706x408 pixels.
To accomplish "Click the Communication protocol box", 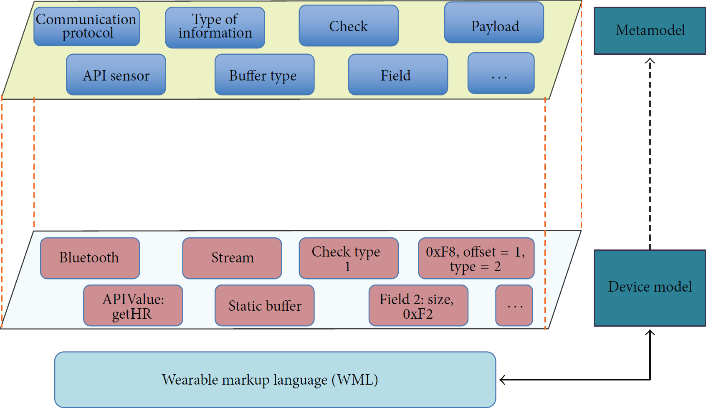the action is pos(87,26).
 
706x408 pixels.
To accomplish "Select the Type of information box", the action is pos(215,28).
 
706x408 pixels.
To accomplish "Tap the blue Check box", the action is pos(349,25).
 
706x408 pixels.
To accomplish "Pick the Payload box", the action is pos(494,23).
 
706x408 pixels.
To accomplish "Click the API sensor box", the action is pos(116,75).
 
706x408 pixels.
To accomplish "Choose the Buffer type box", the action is pos(264,75).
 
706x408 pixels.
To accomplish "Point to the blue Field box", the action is pos(398,75).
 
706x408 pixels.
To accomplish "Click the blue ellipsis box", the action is pos(501,73).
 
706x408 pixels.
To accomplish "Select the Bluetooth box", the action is pos(90,258).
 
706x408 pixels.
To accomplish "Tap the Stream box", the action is pos(232,258).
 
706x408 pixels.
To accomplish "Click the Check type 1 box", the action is pos(349,258).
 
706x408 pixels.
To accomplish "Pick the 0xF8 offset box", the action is pos(476,258).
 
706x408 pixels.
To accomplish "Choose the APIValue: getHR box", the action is pos(133,305).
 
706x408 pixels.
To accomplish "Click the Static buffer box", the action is pos(264,305).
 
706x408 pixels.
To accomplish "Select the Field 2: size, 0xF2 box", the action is pos(419,305).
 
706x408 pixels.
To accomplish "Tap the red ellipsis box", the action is pos(514,305).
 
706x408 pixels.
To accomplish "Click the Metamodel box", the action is pos(650,31).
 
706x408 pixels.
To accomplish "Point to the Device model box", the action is pos(650,288).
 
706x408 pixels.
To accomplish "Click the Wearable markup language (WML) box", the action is pos(275,380).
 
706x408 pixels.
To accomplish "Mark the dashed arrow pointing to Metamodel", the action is pos(650,154).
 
